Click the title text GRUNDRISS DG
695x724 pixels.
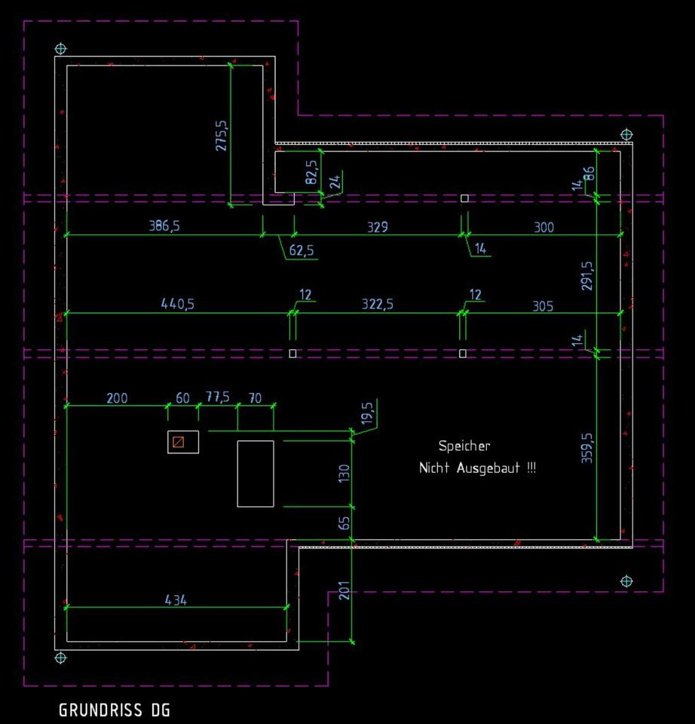click(x=115, y=710)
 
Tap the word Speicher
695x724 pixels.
click(x=464, y=446)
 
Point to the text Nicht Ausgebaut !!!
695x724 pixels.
click(x=477, y=468)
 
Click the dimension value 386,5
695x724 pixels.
click(x=164, y=226)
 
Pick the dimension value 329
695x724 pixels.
click(x=378, y=226)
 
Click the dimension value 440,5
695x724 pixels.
click(x=178, y=304)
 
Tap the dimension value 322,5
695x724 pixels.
click(x=377, y=304)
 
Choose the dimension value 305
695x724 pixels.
click(x=543, y=305)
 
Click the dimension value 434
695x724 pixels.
click(x=176, y=600)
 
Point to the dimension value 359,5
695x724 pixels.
click(x=588, y=447)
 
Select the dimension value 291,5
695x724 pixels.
click(x=588, y=276)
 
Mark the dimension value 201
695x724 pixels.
click(x=344, y=591)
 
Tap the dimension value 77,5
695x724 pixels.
click(x=218, y=397)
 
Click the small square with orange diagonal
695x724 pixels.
click(x=178, y=442)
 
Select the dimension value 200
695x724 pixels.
click(x=117, y=398)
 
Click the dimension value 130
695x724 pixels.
click(x=344, y=474)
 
